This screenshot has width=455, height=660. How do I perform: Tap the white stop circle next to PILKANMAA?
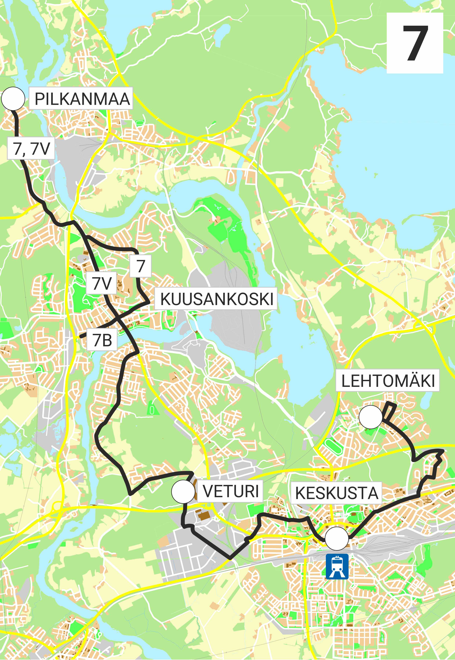13,99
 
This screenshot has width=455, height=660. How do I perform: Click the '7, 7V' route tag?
31,148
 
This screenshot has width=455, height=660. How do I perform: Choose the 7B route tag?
102,340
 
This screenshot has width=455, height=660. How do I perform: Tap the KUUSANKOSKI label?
216,299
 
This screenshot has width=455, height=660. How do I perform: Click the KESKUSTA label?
336,493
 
